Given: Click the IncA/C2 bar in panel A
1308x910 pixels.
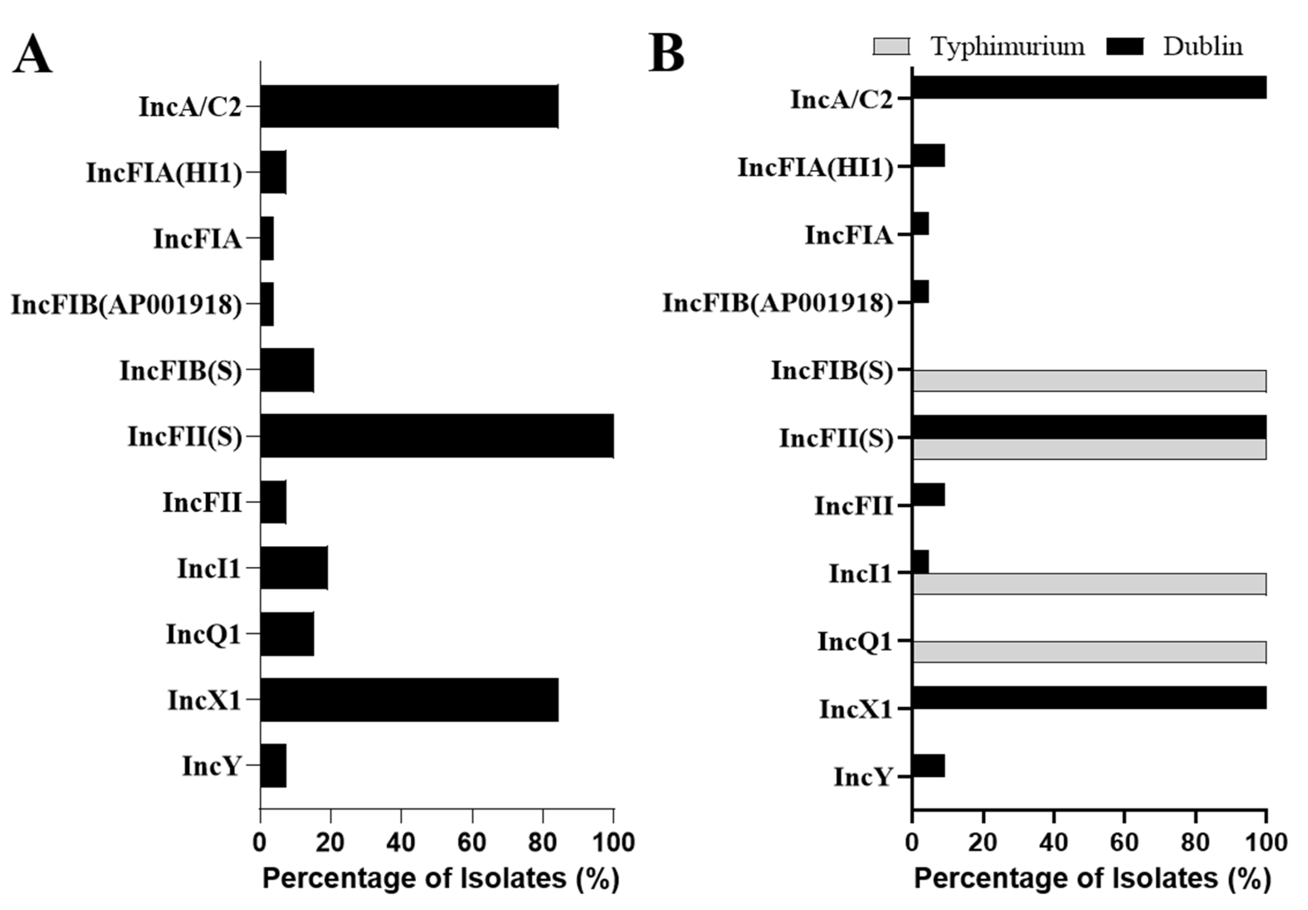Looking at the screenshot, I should (x=409, y=107).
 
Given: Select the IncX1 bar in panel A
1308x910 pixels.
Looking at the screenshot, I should (x=409, y=699).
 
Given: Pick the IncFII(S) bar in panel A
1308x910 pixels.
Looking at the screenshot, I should (x=437, y=436).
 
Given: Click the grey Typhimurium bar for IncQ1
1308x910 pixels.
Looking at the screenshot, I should (x=1089, y=651).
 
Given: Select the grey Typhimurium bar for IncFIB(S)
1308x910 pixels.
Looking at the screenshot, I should (x=1089, y=381).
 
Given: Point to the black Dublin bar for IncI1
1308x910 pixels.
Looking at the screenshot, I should (x=921, y=561).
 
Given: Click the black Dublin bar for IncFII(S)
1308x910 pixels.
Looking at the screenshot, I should (x=1089, y=427).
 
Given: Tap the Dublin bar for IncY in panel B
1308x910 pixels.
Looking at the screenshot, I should (x=928, y=765).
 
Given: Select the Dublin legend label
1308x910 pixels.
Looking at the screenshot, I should (x=1203, y=46).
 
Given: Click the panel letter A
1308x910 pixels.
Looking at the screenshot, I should (x=32, y=55).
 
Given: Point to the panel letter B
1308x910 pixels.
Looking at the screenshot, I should (x=667, y=53).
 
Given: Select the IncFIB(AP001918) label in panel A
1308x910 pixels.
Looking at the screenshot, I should (x=127, y=305).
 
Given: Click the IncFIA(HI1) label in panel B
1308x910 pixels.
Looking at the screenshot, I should (x=815, y=168).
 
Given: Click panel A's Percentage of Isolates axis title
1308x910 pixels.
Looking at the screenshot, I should (x=441, y=878).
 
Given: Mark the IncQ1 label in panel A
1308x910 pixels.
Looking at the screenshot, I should (x=203, y=634).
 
